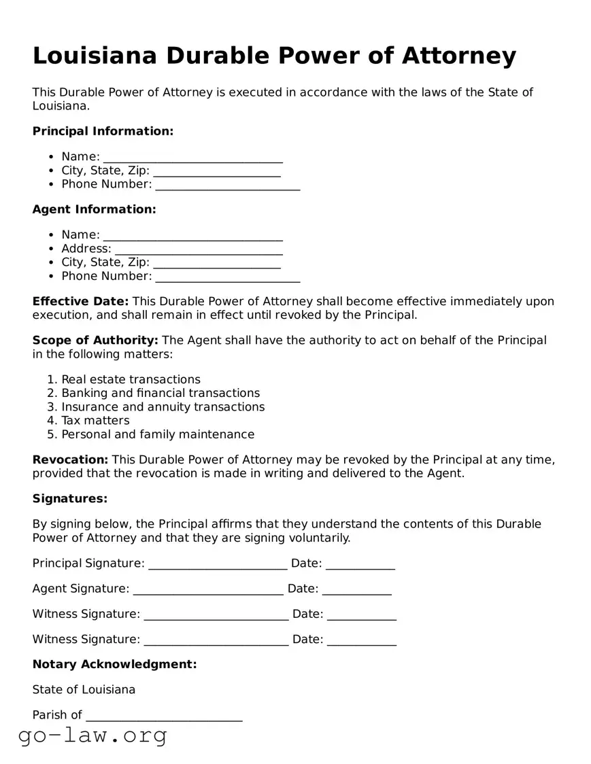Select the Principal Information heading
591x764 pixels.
pos(103,131)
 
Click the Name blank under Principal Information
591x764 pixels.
pos(192,158)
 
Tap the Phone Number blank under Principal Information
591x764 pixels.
pos(227,185)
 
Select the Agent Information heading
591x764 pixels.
pos(94,209)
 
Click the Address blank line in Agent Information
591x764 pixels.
pos(199,249)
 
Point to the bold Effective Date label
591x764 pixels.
pos(80,301)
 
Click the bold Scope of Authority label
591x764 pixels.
pos(95,340)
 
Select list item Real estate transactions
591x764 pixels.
pos(131,379)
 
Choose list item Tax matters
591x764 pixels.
pos(95,421)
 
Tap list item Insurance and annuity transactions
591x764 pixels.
pos(163,407)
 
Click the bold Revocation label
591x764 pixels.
pos(70,460)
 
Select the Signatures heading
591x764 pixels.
pos(70,499)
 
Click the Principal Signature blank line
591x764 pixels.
pos(218,564)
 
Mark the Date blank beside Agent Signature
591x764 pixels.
pos(356,589)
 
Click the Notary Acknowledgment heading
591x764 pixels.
pos(114,664)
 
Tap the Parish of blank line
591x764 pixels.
pos(164,716)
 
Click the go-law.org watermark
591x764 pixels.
pos(92,735)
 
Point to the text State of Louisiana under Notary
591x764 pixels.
pos(84,690)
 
